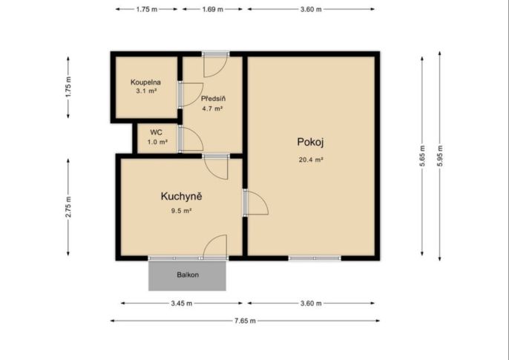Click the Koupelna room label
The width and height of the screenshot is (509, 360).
tap(145, 82)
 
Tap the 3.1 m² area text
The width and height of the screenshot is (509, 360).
tap(146, 91)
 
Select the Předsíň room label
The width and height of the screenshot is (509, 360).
tap(213, 99)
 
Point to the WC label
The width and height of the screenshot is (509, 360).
tap(156, 132)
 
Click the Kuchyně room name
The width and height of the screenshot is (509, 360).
tap(182, 197)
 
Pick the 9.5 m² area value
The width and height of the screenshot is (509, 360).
tap(182, 211)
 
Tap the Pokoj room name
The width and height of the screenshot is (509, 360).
tap(310, 143)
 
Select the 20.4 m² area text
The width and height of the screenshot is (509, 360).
tap(311, 160)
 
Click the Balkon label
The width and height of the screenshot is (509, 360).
tap(188, 275)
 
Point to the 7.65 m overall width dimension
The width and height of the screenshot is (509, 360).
tap(245, 321)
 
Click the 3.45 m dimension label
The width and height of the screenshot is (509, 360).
tap(182, 303)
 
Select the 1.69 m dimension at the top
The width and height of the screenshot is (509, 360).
tap(213, 9)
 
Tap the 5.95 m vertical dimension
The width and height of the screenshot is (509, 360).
tap(440, 156)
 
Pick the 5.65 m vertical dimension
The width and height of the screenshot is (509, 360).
tap(422, 156)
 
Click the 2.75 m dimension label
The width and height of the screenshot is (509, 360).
tap(68, 207)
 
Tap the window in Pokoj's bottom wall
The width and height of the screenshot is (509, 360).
tap(315, 258)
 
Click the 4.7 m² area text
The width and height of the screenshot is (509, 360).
tap(212, 109)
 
